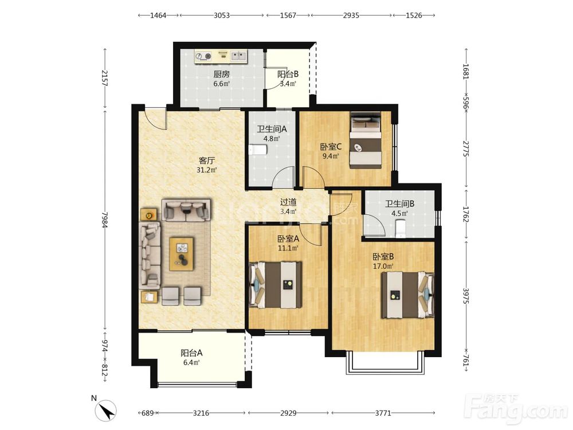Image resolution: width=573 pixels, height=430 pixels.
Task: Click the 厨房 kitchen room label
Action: point(221,74)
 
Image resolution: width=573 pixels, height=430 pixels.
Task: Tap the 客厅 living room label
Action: point(206,161)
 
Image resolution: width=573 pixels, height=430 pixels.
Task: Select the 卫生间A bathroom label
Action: point(272,129)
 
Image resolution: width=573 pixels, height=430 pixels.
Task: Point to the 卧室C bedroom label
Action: point(331,147)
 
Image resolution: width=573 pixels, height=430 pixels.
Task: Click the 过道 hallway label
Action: point(288,202)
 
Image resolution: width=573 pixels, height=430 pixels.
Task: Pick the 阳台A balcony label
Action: point(191,353)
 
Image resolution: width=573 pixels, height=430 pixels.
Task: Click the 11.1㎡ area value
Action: point(288,248)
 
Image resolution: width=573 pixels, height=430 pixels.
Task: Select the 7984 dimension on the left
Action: point(105,220)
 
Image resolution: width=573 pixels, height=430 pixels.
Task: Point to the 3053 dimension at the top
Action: point(221,15)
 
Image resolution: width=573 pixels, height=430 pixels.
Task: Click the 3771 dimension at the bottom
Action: point(383,413)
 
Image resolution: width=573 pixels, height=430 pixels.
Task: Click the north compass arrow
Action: point(108,411)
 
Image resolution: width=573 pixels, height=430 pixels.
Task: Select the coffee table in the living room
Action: point(182,254)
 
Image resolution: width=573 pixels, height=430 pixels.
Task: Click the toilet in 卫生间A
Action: point(258,150)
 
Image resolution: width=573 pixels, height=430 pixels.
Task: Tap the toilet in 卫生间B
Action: point(401,228)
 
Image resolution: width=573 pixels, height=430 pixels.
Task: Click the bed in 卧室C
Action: point(366,141)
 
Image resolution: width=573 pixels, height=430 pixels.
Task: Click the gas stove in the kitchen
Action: point(203,56)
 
